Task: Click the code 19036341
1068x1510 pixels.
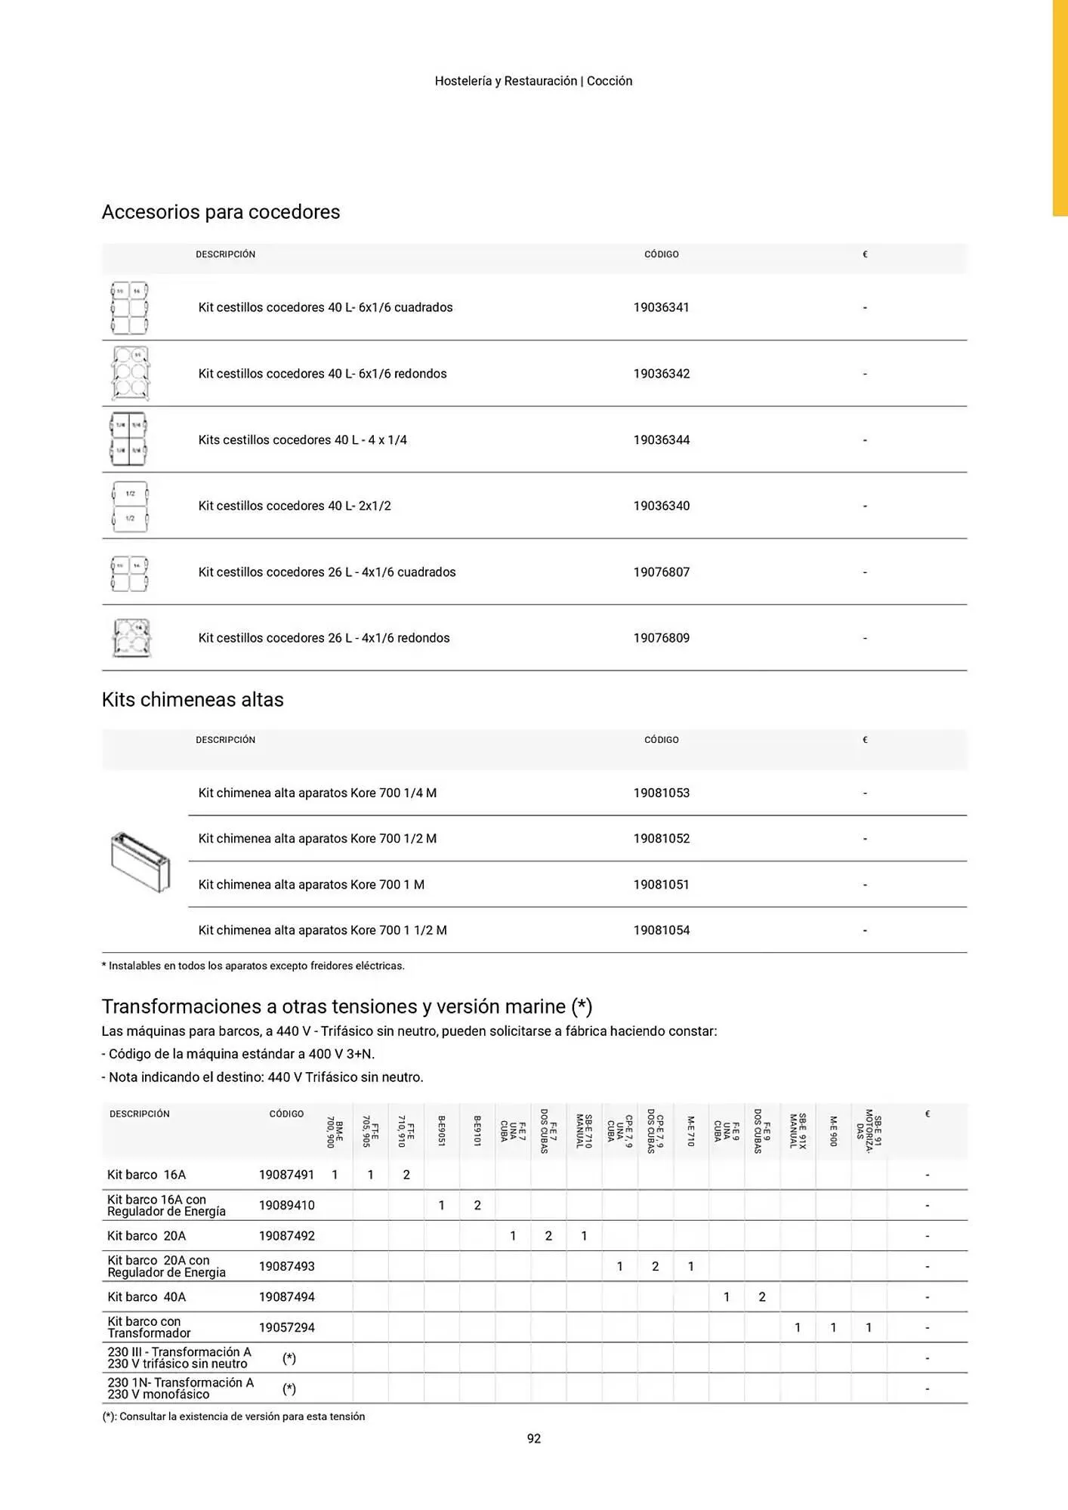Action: point(661,307)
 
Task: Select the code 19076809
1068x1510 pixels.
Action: point(661,638)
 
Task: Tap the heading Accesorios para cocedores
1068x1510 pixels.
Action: point(221,212)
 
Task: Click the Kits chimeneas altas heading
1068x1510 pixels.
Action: point(193,700)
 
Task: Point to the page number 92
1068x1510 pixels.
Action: point(534,1439)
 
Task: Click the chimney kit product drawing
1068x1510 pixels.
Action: point(140,862)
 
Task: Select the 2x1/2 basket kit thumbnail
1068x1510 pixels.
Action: point(130,506)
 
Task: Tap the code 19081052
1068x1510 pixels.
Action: point(661,839)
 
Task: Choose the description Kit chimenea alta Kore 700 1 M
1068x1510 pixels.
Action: point(311,885)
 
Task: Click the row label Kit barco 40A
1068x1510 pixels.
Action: point(147,1297)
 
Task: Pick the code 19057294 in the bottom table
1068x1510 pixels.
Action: point(286,1327)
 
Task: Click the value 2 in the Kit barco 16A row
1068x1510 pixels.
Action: point(406,1175)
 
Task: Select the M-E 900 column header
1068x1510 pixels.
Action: point(834,1131)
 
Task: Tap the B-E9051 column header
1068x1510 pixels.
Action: point(442,1131)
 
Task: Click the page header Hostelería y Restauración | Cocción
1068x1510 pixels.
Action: point(533,81)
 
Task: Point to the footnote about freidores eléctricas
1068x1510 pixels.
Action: point(253,966)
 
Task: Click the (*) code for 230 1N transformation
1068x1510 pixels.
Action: point(289,1388)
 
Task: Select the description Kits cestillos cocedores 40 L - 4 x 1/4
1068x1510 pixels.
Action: point(302,440)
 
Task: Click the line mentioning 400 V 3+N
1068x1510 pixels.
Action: point(238,1054)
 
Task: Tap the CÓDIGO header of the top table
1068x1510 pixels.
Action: point(661,254)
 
